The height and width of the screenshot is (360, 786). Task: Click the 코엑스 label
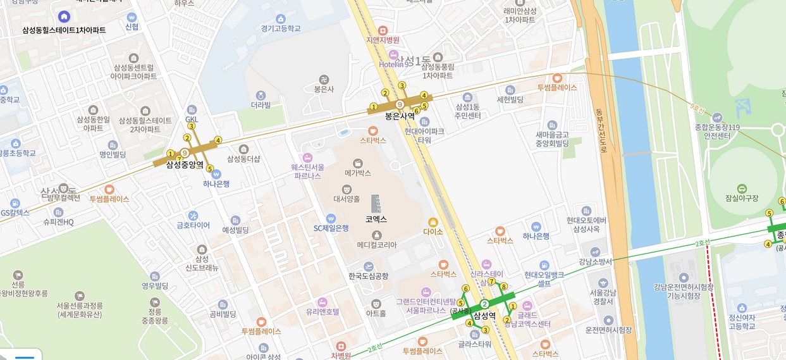tap(376, 219)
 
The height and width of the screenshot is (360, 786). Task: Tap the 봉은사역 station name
tap(400, 116)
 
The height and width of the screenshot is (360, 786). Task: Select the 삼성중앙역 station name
tap(185, 164)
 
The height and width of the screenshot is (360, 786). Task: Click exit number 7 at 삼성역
tap(491, 282)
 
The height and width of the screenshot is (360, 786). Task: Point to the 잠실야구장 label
tap(742, 199)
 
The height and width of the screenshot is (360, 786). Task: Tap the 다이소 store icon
tap(433, 222)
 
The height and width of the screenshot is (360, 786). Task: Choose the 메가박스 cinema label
tap(358, 173)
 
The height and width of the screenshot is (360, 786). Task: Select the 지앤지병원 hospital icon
tap(382, 30)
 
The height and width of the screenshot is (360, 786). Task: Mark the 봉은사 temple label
tap(324, 89)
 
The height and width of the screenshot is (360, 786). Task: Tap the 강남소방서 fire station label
tap(595, 261)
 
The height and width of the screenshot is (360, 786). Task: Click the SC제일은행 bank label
tap(331, 228)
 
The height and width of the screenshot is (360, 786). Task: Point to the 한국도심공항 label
tap(369, 276)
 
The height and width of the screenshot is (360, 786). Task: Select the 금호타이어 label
tap(193, 225)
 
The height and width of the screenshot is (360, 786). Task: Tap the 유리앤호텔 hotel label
tap(322, 311)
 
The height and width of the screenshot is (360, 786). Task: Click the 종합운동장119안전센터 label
tap(716, 131)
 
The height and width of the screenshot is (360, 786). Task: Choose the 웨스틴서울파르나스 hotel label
tap(308, 171)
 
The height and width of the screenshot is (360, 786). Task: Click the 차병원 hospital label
tap(340, 355)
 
